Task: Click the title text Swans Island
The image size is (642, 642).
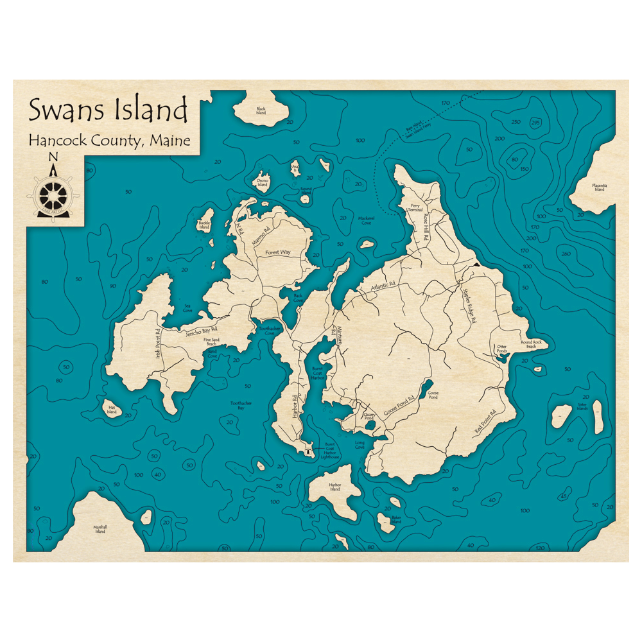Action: (108, 110)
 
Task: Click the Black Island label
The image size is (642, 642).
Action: (261, 111)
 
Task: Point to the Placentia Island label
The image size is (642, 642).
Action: (599, 187)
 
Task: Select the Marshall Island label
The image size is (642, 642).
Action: (100, 529)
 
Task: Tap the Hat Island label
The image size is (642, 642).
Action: (112, 410)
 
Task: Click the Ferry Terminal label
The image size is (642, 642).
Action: (415, 208)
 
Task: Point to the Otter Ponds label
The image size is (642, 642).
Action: (501, 349)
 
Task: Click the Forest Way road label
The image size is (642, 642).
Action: (278, 252)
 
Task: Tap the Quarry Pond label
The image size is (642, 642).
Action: (369, 417)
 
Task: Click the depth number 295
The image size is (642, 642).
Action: (535, 123)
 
